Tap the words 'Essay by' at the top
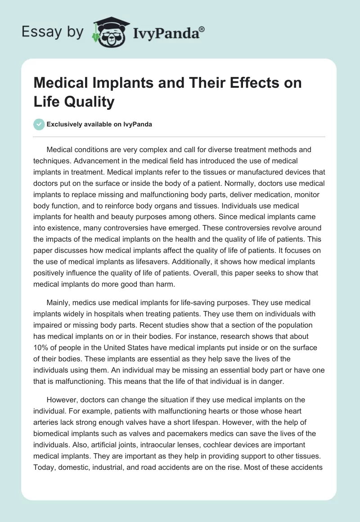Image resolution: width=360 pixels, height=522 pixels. point(52,31)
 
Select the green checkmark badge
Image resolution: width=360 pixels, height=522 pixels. point(39,124)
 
